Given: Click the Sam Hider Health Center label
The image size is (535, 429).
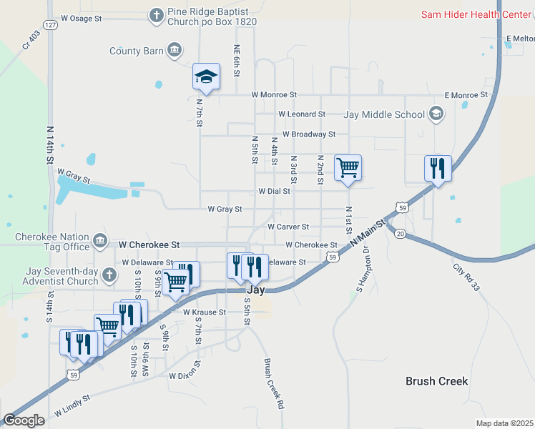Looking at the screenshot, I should pyautogui.click(x=476, y=14).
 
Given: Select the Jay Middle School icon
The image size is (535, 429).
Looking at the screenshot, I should pyautogui.click(x=436, y=114).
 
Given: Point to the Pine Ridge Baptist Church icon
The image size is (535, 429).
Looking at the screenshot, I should pyautogui.click(x=157, y=14).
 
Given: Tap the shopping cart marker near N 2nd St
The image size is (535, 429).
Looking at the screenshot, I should pyautogui.click(x=348, y=169).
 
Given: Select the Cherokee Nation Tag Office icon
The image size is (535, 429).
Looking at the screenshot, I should pyautogui.click(x=99, y=240).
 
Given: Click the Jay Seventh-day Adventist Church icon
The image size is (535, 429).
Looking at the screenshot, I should pyautogui.click(x=108, y=275).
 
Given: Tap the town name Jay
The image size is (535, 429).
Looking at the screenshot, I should pyautogui.click(x=256, y=291).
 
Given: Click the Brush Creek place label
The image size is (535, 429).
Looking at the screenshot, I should pyautogui.click(x=436, y=381).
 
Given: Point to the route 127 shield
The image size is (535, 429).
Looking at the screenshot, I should pyautogui.click(x=49, y=24).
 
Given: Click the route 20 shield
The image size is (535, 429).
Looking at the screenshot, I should pyautogui.click(x=400, y=234).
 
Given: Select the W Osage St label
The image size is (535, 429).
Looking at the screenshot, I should pyautogui.click(x=87, y=18).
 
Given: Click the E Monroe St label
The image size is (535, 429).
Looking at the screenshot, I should pyautogui.click(x=466, y=94).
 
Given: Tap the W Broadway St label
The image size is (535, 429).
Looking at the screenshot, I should pyautogui.click(x=308, y=134).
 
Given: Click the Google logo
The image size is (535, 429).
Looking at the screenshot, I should pyautogui.click(x=24, y=420).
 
